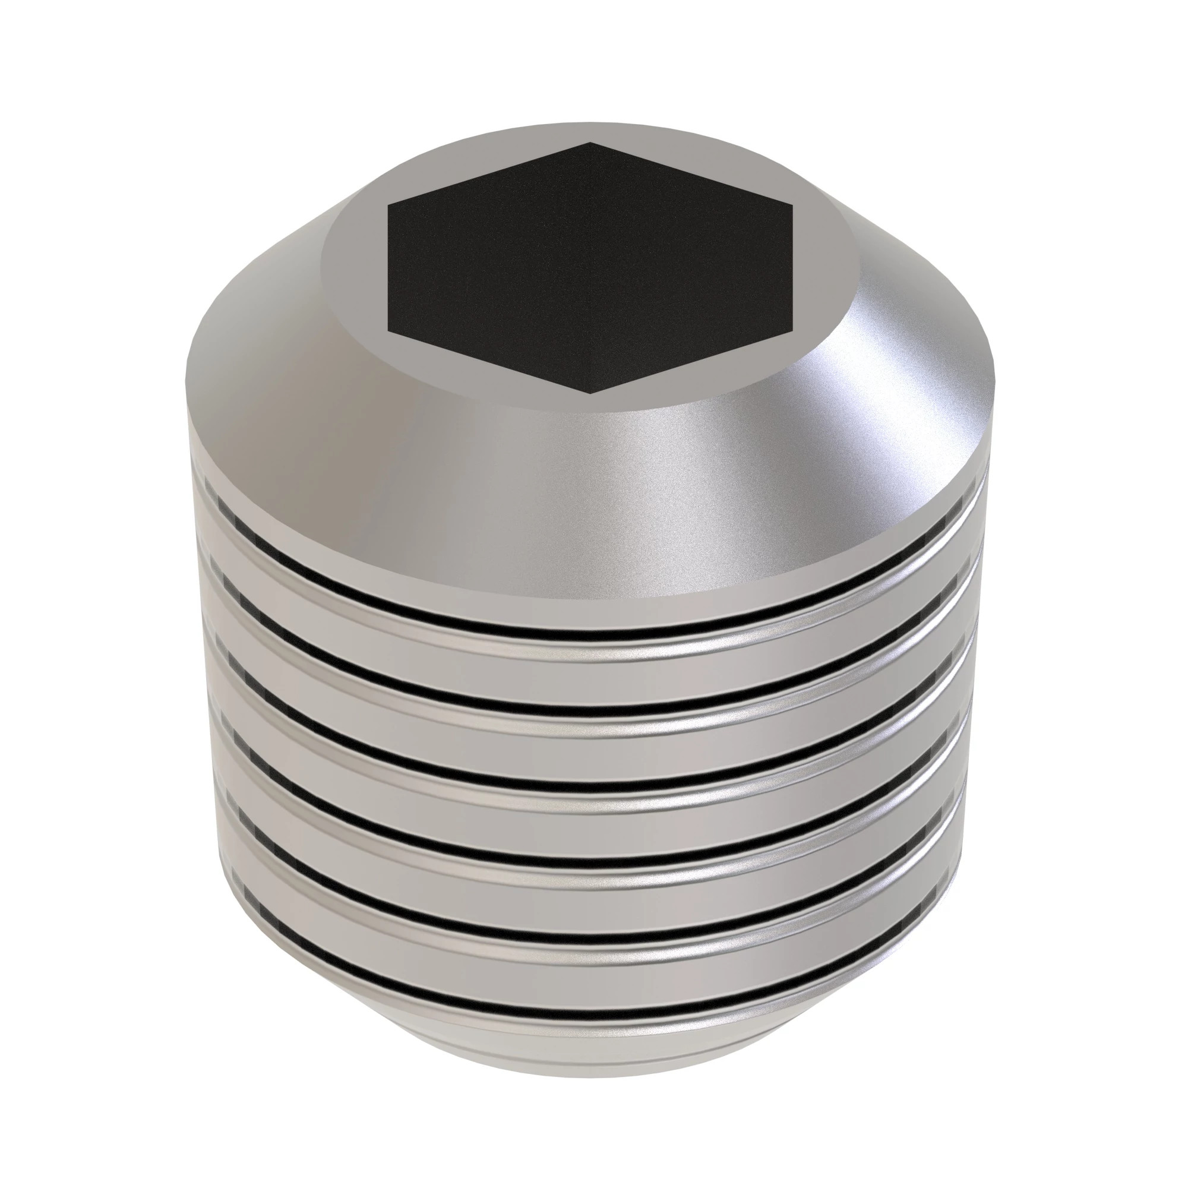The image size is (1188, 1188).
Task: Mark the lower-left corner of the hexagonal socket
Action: (388, 333)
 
